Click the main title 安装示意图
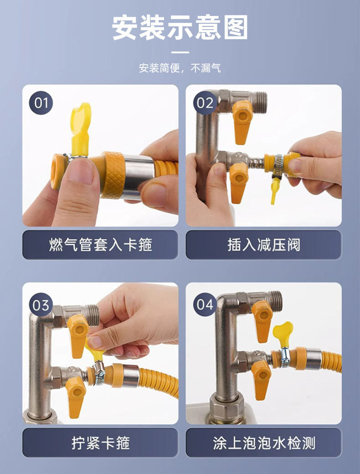coord(180,28)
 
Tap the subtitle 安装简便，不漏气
coord(180,68)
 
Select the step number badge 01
coord(41,103)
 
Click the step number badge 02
coord(205,103)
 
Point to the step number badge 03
coord(41,305)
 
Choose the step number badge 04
coord(205,304)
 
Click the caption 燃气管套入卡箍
coord(100,245)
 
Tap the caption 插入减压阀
coord(264,245)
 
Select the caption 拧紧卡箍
coord(100,443)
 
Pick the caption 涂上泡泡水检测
coord(264,443)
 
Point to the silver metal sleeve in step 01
coord(138,177)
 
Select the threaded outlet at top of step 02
coord(260,102)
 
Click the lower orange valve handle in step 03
coord(75,397)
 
